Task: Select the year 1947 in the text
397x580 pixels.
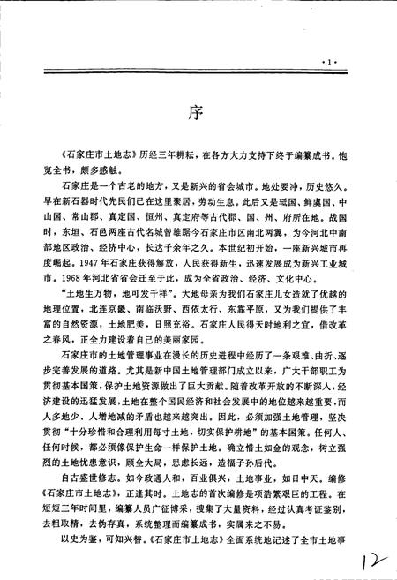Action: pyautogui.click(x=79, y=263)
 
